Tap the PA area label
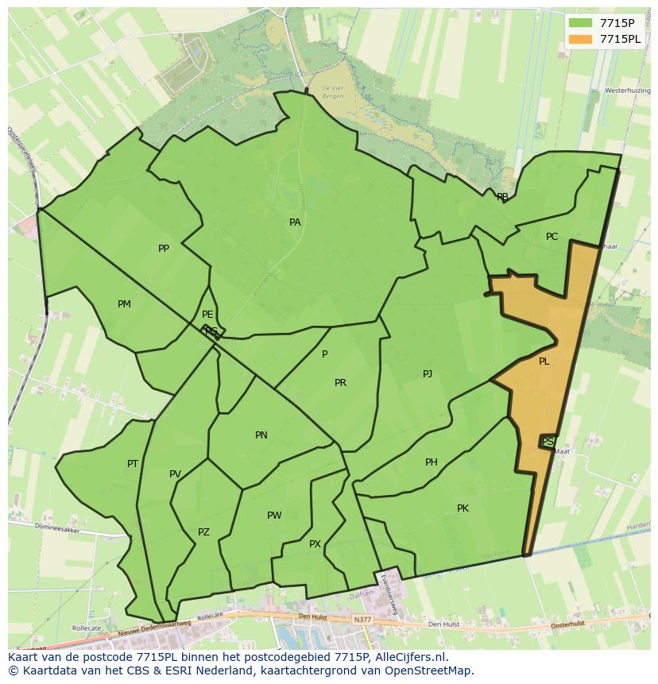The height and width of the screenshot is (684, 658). click(x=295, y=222)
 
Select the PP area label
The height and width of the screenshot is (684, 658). click(x=164, y=249)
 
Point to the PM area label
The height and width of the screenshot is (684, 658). click(x=124, y=304)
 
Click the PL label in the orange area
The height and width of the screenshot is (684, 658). click(x=544, y=361)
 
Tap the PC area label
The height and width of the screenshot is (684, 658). click(x=552, y=237)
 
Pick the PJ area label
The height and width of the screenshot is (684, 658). click(x=428, y=373)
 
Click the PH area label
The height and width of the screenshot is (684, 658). click(x=432, y=462)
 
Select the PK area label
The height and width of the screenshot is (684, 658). click(x=463, y=508)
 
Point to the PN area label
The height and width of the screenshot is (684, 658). click(x=261, y=435)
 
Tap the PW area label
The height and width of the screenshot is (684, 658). click(x=274, y=516)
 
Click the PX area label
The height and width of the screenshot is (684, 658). click(x=315, y=544)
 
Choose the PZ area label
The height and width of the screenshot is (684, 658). click(x=203, y=532)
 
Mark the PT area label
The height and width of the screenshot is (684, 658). click(x=133, y=464)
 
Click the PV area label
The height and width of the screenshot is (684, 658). click(x=175, y=474)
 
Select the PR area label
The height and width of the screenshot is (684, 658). click(x=340, y=383)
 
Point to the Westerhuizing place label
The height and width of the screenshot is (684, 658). click(x=627, y=91)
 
